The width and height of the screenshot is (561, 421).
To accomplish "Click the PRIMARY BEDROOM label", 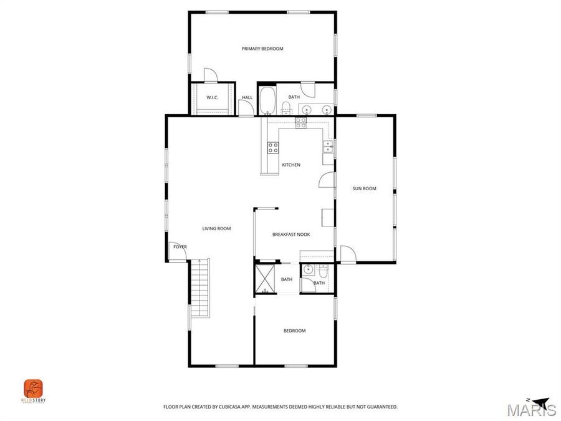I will (262, 49).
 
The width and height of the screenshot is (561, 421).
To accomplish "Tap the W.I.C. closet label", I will (211, 97).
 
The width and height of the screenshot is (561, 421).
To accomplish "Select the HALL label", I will (247, 97).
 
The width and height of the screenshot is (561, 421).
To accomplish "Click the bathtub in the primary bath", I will (268, 102).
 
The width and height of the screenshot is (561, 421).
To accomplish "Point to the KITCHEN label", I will (291, 165).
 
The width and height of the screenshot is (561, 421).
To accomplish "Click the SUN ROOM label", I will (364, 188).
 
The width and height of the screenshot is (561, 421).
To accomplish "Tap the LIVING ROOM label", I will (216, 229).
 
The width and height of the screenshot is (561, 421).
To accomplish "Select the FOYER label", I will (180, 247).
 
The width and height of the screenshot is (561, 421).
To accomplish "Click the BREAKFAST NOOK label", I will (291, 235).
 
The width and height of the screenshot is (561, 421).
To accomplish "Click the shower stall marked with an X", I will (265, 278).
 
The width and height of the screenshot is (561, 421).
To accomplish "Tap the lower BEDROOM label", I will (294, 331).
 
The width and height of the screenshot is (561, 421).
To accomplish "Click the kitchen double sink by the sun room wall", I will (327, 147).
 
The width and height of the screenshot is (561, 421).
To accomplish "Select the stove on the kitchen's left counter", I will (273, 147).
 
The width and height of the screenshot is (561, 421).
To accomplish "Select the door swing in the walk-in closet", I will (211, 75).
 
